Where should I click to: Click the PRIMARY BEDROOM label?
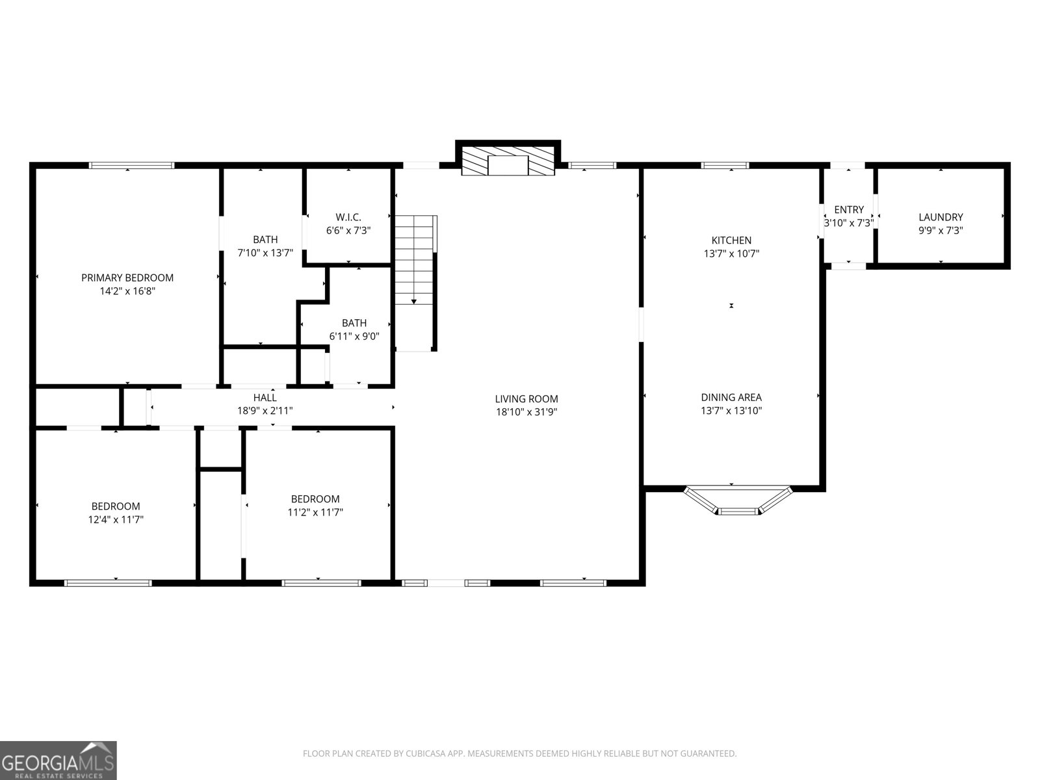tap(127, 278)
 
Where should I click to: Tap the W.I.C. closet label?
tap(348, 217)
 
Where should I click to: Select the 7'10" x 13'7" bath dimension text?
tap(265, 253)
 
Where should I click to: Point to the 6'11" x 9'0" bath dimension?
tap(354, 336)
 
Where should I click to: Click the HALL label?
tap(265, 398)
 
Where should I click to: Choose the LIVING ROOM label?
tap(526, 399)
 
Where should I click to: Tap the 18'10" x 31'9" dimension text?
tap(526, 412)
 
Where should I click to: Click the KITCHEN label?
tap(731, 240)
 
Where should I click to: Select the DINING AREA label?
tap(731, 398)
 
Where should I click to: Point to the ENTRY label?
tap(849, 210)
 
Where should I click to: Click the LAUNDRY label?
tap(941, 217)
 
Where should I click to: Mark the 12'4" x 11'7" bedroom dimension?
tap(116, 519)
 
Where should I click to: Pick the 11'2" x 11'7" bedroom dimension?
tap(315, 512)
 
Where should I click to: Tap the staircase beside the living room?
tap(415, 283)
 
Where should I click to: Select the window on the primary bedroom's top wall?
tap(132, 165)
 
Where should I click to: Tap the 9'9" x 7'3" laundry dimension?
tap(941, 231)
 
